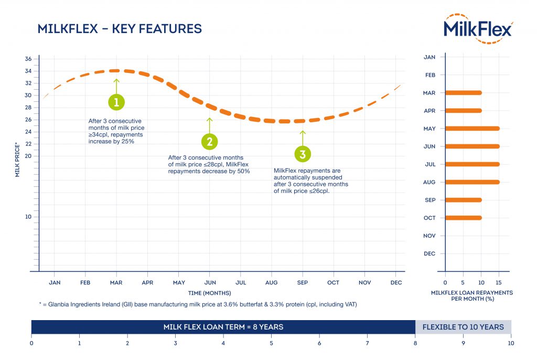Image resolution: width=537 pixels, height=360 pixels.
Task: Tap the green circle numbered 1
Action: [x=116, y=101]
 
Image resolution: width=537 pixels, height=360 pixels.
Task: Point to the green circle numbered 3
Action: [x=302, y=154]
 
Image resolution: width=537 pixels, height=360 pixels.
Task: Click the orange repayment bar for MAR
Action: [x=463, y=93]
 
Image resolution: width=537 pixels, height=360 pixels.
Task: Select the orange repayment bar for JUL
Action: [x=472, y=164]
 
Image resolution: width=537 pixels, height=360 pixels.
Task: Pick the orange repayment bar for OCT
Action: [x=463, y=218]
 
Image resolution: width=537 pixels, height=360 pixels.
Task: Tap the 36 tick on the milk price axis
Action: [x=28, y=59]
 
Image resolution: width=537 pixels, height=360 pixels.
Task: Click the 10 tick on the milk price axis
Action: [x=28, y=217]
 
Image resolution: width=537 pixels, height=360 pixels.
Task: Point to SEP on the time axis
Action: [x=302, y=282]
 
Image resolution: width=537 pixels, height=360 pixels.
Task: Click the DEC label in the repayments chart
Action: [x=429, y=253]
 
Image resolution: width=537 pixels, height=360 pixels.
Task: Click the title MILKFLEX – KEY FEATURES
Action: [x=120, y=29]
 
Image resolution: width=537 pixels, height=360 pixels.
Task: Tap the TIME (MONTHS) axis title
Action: [x=209, y=293]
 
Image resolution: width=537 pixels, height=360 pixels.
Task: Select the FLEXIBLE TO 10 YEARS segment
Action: [x=463, y=327]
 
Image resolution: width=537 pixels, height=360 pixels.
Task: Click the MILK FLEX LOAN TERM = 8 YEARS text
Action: [x=223, y=327]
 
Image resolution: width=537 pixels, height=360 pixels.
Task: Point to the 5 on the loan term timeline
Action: [x=271, y=343]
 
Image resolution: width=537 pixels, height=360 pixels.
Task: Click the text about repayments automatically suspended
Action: [x=310, y=181]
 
